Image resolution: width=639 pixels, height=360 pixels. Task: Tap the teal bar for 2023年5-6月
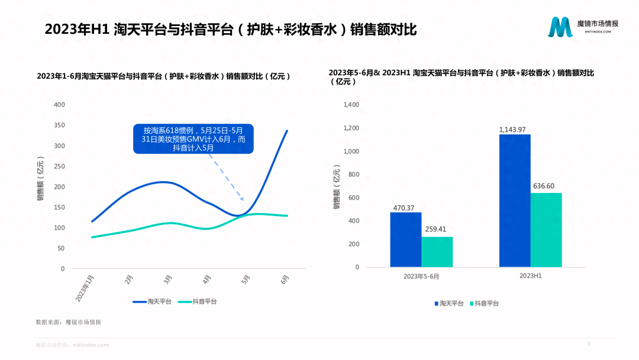point(437,252)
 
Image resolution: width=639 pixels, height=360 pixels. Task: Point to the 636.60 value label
point(546,186)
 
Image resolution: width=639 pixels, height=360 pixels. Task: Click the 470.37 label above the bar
point(405,208)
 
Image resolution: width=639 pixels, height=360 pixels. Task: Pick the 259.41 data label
point(437,230)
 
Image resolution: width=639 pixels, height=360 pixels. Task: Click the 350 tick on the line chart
point(59,126)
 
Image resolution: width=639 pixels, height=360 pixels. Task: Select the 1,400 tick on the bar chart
point(351,105)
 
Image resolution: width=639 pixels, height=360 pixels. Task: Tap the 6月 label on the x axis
point(285,279)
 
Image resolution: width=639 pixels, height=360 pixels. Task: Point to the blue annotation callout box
point(193,139)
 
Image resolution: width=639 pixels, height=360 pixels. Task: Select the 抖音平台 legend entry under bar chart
point(484,303)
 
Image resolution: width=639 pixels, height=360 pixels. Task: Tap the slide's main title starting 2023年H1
point(231,30)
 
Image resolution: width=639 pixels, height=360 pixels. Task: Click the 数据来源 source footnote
point(69,322)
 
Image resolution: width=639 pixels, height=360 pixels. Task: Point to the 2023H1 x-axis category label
point(531,276)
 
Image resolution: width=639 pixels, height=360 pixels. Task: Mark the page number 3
point(588,343)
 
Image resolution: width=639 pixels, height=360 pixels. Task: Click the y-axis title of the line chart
point(40,181)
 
